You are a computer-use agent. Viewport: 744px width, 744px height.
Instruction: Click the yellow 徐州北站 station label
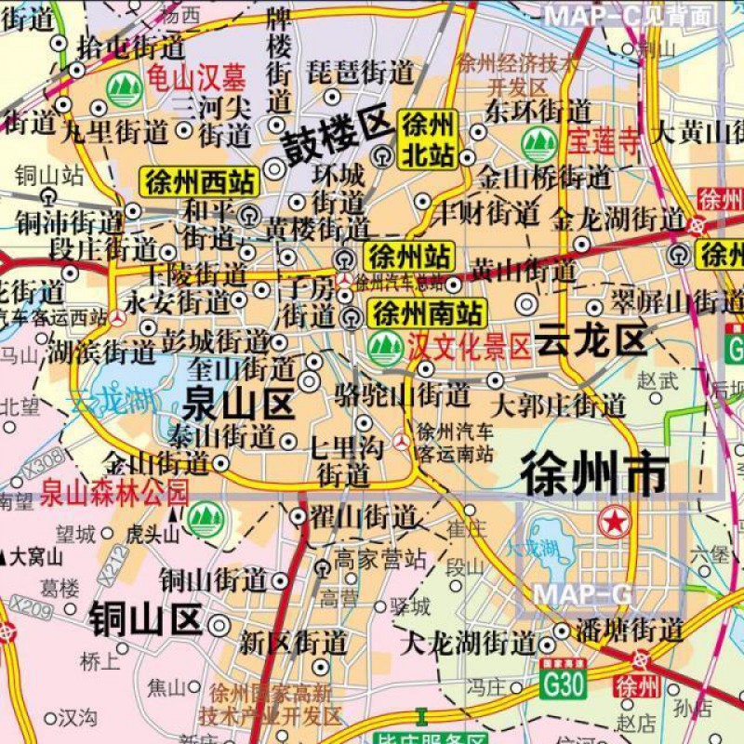tap(428, 139)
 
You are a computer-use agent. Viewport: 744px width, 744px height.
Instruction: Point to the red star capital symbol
tap(614, 522)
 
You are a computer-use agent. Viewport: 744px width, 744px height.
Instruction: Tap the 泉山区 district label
tap(238, 403)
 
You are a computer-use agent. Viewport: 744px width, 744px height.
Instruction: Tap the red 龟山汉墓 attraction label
tap(195, 82)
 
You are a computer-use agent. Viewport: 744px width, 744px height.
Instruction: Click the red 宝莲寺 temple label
tap(604, 142)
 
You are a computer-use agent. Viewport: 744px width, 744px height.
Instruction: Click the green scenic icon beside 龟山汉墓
tap(124, 89)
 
